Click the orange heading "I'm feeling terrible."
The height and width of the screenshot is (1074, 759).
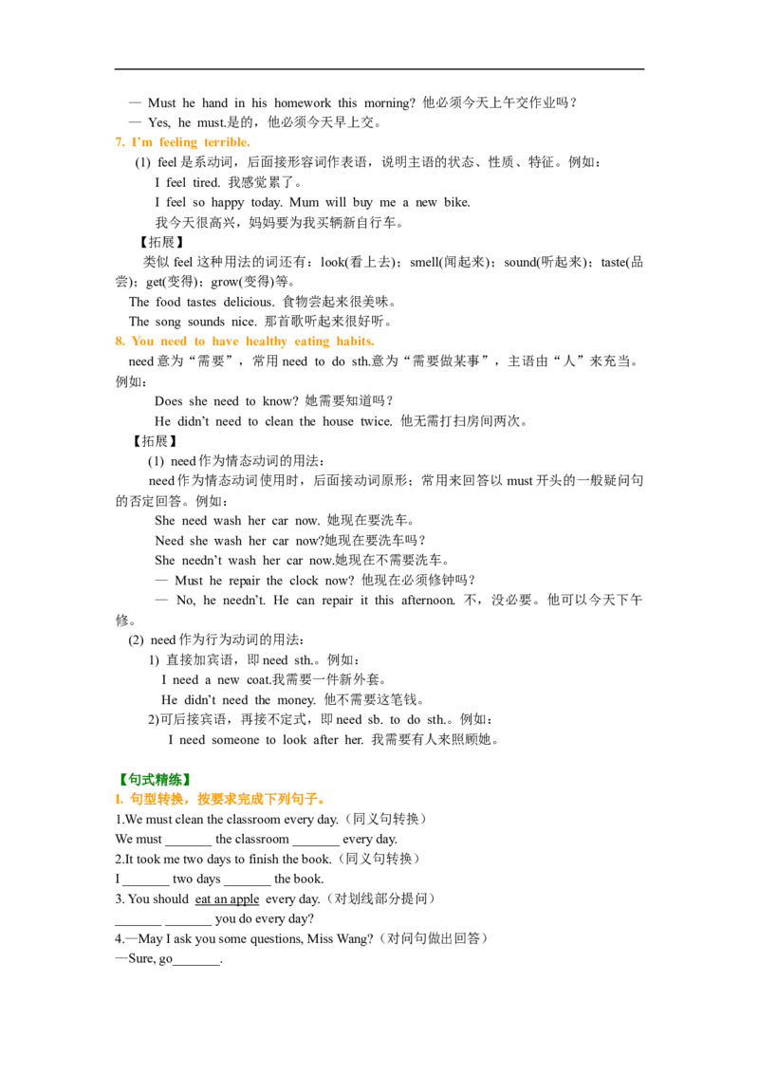tap(191, 142)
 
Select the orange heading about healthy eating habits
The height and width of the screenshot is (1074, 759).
tap(252, 342)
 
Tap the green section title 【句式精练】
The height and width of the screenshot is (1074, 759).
tap(154, 779)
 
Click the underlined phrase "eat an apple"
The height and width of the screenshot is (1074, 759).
tap(228, 898)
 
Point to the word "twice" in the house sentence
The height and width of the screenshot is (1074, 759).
tap(376, 421)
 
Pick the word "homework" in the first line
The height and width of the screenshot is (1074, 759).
tap(303, 102)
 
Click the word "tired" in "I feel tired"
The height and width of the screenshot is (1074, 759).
tap(206, 182)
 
